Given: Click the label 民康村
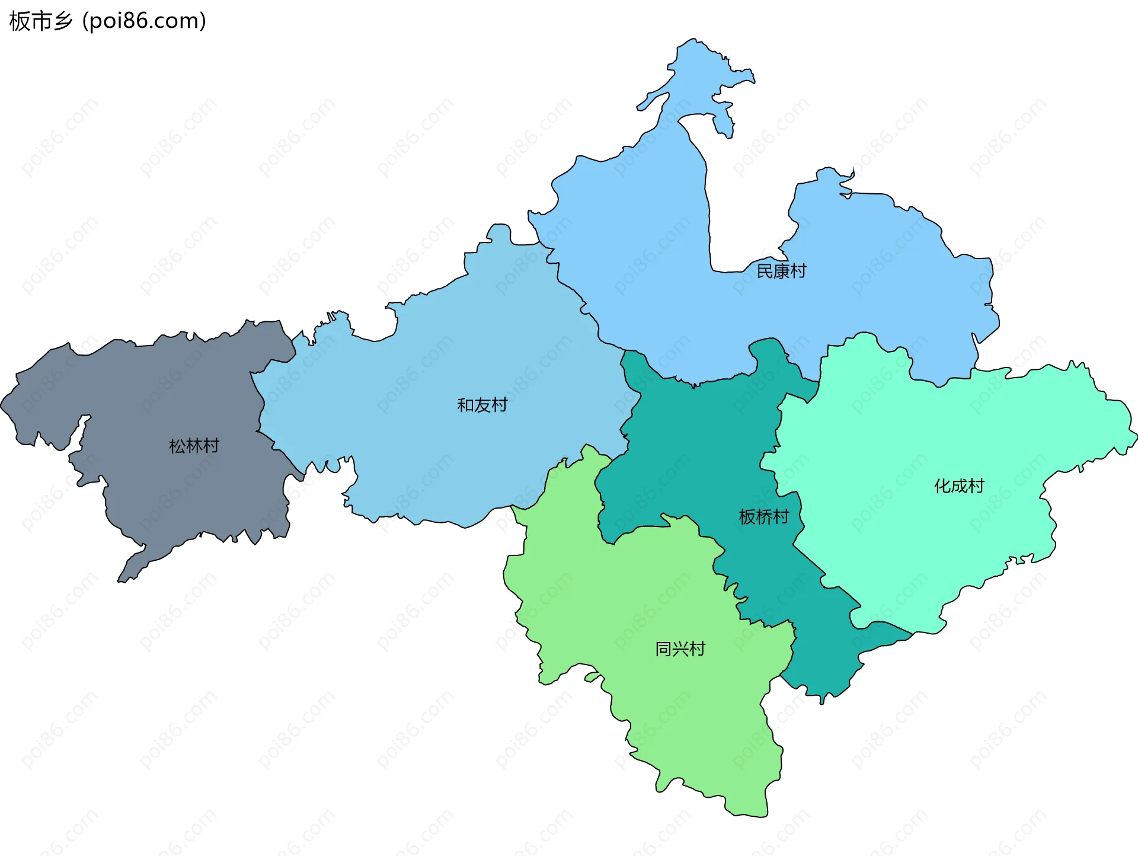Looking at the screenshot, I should [781, 271].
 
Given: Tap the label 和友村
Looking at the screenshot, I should [482, 405].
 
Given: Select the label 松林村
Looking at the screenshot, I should [194, 446].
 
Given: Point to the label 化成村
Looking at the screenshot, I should [958, 486].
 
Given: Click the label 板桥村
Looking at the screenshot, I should [763, 517].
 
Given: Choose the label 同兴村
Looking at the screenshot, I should [680, 649].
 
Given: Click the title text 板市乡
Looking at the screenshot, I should [40, 21].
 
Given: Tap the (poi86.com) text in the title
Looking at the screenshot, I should [144, 21].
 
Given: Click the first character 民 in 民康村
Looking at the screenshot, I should [765, 271].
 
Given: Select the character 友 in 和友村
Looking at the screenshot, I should [482, 405].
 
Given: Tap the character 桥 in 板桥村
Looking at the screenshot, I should [763, 517].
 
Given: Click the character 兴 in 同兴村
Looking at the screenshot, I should [680, 649].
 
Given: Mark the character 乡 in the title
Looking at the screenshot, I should [62, 21].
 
